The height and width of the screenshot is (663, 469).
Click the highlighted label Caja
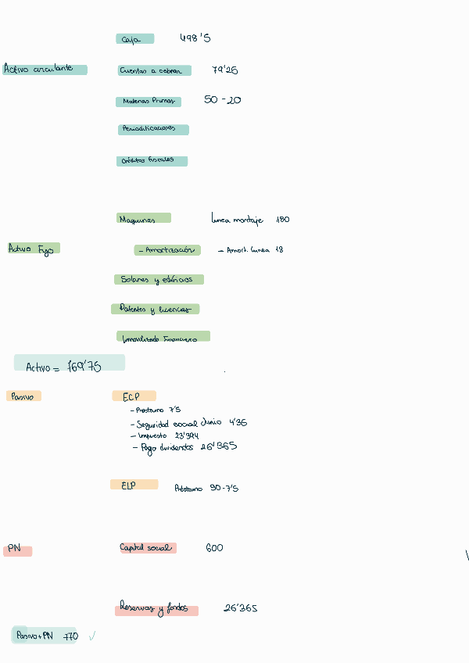[134, 39]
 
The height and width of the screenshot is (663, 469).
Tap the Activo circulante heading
[45, 69]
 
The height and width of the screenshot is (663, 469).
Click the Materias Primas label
[149, 102]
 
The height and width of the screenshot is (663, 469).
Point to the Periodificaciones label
[153, 129]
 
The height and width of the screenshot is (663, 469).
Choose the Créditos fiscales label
[152, 161]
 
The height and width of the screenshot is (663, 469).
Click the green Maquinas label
[143, 219]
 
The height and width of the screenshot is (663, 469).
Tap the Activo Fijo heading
[34, 249]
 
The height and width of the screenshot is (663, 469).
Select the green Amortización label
[167, 250]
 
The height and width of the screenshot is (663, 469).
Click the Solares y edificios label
[159, 279]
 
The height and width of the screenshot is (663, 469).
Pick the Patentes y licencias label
[156, 309]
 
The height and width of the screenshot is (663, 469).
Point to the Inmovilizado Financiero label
[163, 337]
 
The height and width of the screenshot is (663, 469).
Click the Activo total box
[69, 364]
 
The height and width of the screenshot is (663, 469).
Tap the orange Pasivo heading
[23, 396]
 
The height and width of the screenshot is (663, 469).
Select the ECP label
[134, 396]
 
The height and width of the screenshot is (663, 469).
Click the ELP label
[134, 485]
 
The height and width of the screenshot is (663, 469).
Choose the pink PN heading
[17, 550]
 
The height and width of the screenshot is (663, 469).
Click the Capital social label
[147, 548]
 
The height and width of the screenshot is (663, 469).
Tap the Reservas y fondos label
[156, 609]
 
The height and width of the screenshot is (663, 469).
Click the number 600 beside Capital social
[214, 548]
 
